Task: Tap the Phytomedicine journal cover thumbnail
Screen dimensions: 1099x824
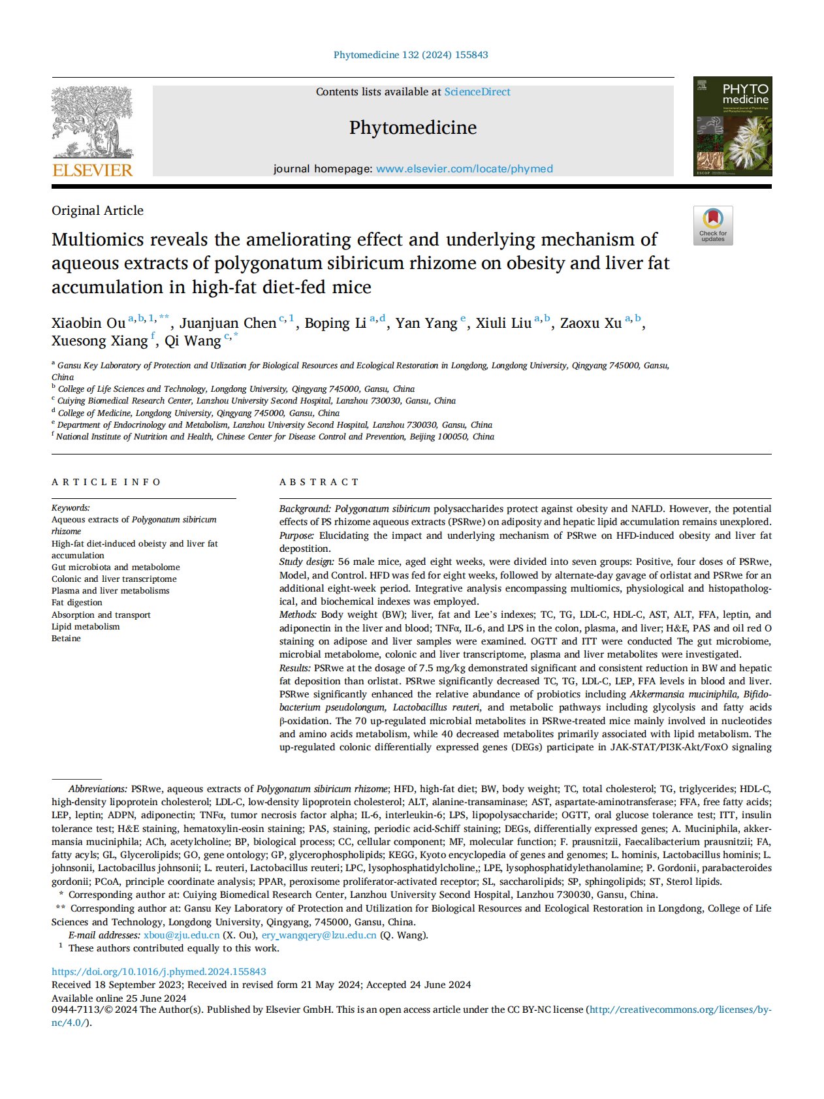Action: click(732, 126)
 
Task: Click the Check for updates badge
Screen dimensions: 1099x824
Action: click(713, 225)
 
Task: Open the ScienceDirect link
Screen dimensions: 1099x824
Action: click(477, 92)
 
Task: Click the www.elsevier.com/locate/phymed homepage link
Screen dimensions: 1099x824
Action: click(464, 168)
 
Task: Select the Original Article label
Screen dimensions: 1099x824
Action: click(97, 210)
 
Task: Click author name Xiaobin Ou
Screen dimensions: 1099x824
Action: click(88, 323)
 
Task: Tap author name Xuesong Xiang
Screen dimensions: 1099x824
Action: click(100, 341)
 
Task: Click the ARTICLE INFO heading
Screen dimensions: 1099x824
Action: click(106, 482)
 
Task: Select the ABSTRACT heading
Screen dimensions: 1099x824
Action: click(319, 482)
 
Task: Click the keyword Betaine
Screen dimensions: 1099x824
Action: click(66, 638)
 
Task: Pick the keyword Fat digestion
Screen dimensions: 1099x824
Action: click(77, 602)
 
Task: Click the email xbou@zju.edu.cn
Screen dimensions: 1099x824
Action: click(182, 935)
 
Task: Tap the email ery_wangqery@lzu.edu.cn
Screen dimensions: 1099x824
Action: click(319, 935)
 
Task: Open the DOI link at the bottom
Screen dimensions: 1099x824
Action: click(159, 972)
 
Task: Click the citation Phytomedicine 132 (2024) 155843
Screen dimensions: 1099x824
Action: click(411, 55)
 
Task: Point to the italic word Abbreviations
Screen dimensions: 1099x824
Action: click(97, 789)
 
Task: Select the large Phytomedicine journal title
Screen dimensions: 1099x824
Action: click(413, 127)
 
